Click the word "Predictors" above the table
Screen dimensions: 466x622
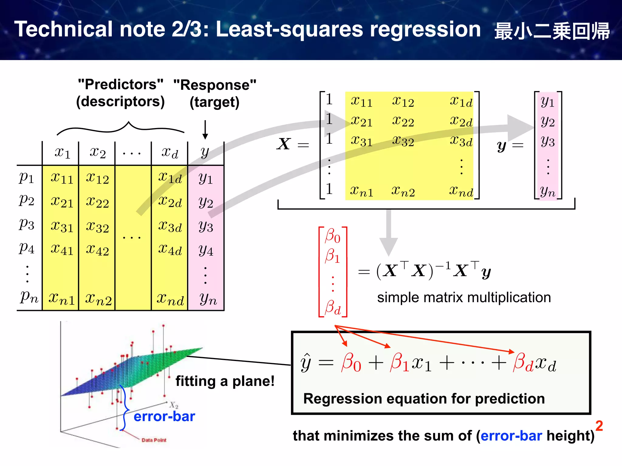(x=121, y=84)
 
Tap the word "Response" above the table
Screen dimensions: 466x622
(x=215, y=85)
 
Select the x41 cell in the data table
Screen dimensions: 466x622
(x=62, y=249)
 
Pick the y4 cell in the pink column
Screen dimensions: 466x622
(x=206, y=251)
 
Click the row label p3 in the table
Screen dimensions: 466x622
(x=27, y=225)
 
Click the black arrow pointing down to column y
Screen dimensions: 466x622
(x=205, y=130)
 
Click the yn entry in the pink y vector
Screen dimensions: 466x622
(x=548, y=191)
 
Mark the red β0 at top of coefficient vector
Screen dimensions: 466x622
(x=333, y=236)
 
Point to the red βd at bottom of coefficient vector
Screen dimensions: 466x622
(x=333, y=307)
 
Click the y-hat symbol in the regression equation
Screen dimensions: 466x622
(x=306, y=363)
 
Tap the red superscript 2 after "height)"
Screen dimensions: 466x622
(x=599, y=426)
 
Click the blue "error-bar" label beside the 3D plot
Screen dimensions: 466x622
(x=164, y=417)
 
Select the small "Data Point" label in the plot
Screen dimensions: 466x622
(x=154, y=440)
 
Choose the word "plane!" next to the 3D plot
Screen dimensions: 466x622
(x=253, y=381)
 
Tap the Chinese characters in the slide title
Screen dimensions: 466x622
(x=552, y=31)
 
